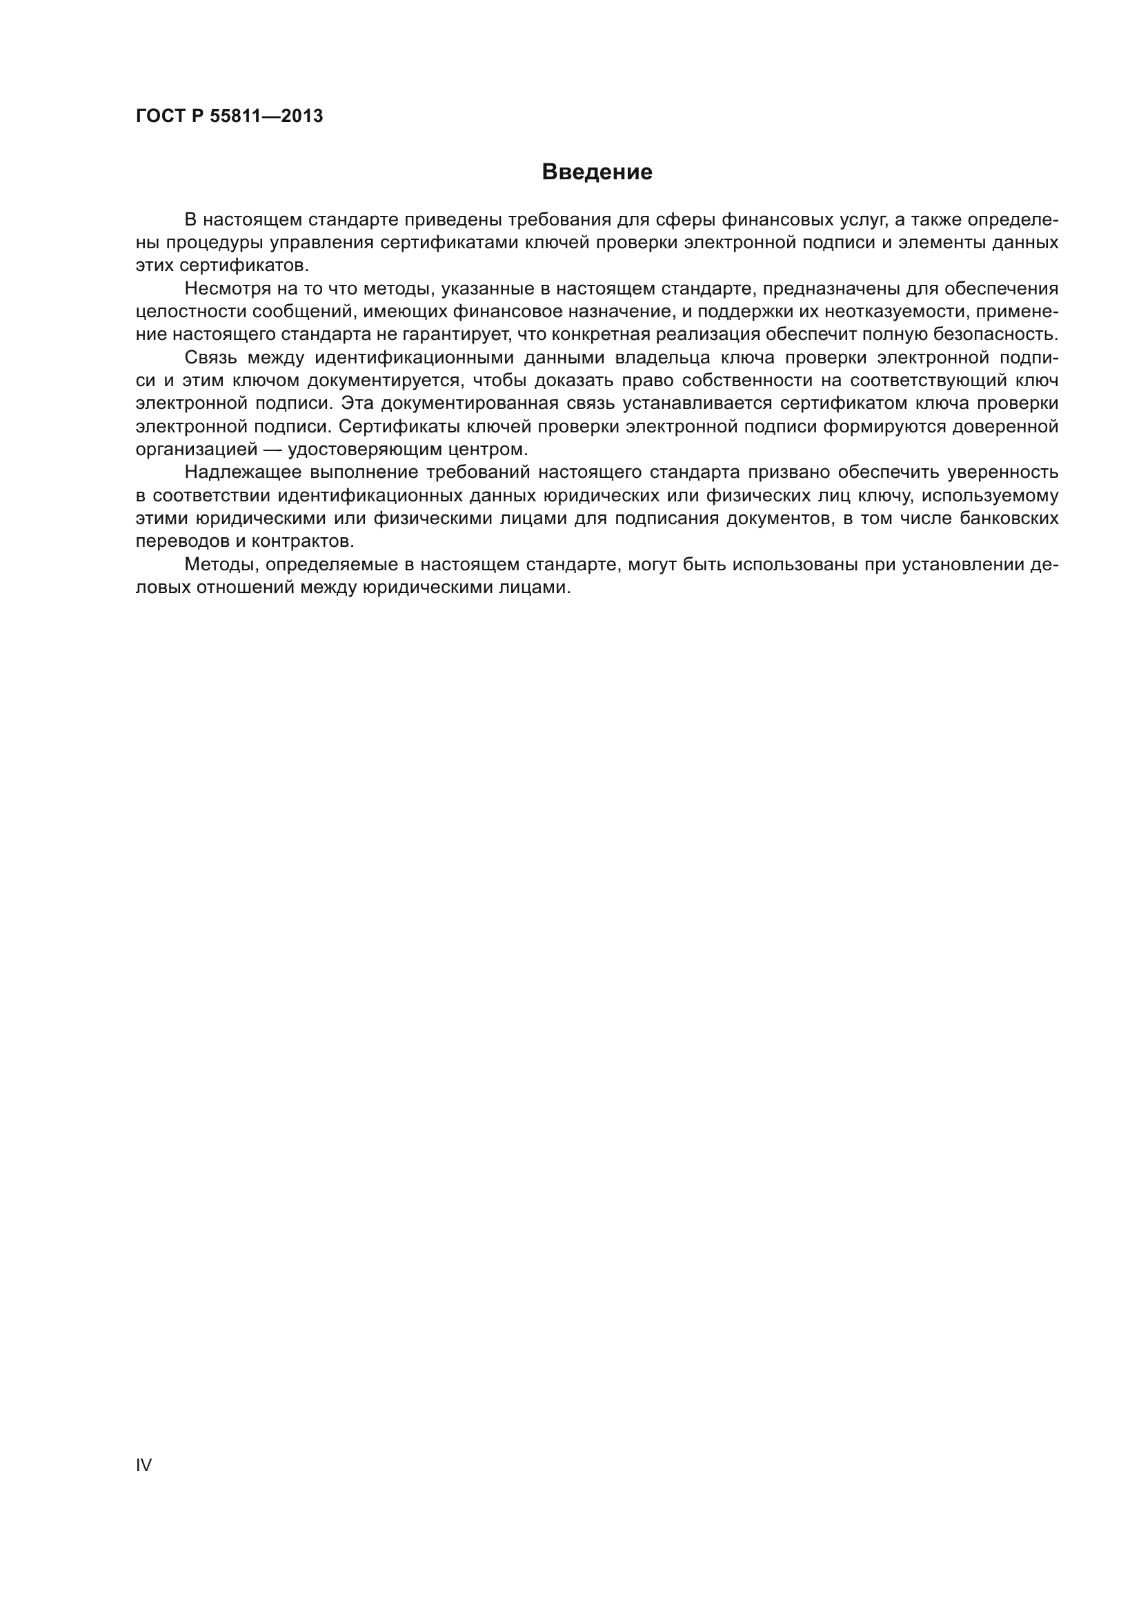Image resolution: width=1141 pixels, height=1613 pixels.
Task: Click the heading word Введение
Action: click(x=597, y=172)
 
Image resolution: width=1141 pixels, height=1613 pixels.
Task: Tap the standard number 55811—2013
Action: click(x=266, y=116)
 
